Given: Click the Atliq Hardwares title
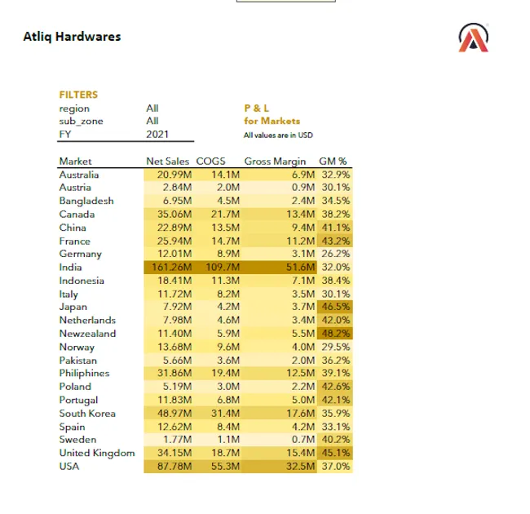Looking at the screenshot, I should coord(72,37).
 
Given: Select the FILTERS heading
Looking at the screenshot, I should coord(78,94).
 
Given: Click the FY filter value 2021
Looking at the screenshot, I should coord(157,134).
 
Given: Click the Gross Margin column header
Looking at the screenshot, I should coord(275,162).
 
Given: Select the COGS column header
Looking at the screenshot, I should coord(210,162).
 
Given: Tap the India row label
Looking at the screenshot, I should coord(70,267).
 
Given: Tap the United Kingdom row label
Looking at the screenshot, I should coord(96,453).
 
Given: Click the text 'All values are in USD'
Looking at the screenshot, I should coord(278,135).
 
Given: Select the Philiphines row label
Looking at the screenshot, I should coord(85,374).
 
